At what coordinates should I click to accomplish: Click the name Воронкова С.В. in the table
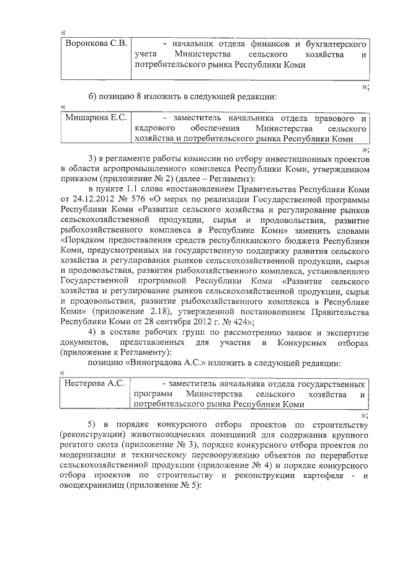[96, 43]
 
